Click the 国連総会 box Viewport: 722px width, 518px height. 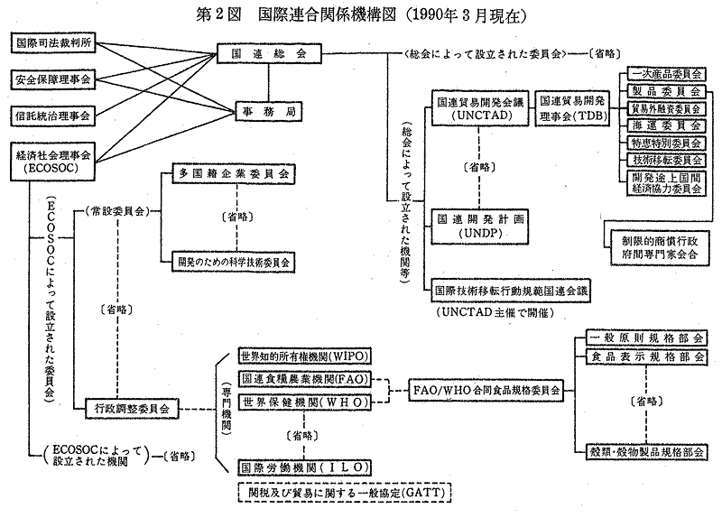tap(269, 55)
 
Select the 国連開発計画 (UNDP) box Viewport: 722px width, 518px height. tap(477, 226)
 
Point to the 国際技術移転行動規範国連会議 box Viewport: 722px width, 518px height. tap(511, 291)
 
